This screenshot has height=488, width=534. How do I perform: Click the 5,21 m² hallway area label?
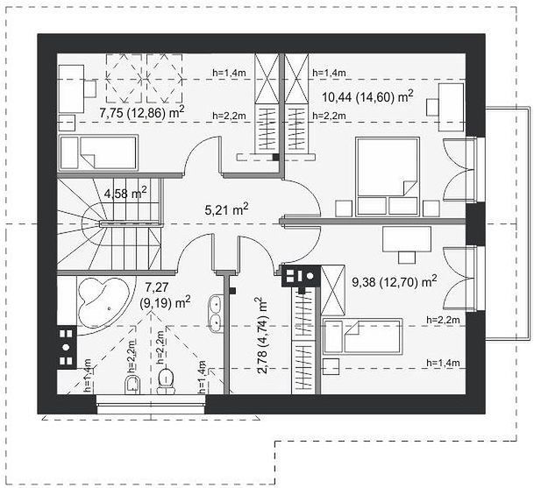pos(226,209)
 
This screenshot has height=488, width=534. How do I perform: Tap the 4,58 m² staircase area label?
pos(125,193)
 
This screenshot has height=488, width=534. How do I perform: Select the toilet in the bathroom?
pos(165,380)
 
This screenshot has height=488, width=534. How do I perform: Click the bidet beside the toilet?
pos(132,385)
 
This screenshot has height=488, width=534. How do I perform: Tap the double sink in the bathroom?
pos(215,314)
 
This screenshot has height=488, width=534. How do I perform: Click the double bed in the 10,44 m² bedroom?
pos(388,177)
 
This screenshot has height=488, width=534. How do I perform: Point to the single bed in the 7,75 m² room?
pos(98,152)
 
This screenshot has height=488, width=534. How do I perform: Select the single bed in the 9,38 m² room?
pos(362,336)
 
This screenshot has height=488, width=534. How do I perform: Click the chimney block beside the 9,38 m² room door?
pos(301,276)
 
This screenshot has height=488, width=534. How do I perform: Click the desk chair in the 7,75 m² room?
pos(90,88)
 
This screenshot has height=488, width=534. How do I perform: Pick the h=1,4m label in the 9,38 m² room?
pos(443,363)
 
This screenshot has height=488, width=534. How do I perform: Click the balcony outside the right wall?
pos(508,223)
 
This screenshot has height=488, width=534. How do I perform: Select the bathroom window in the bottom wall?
pos(151,404)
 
